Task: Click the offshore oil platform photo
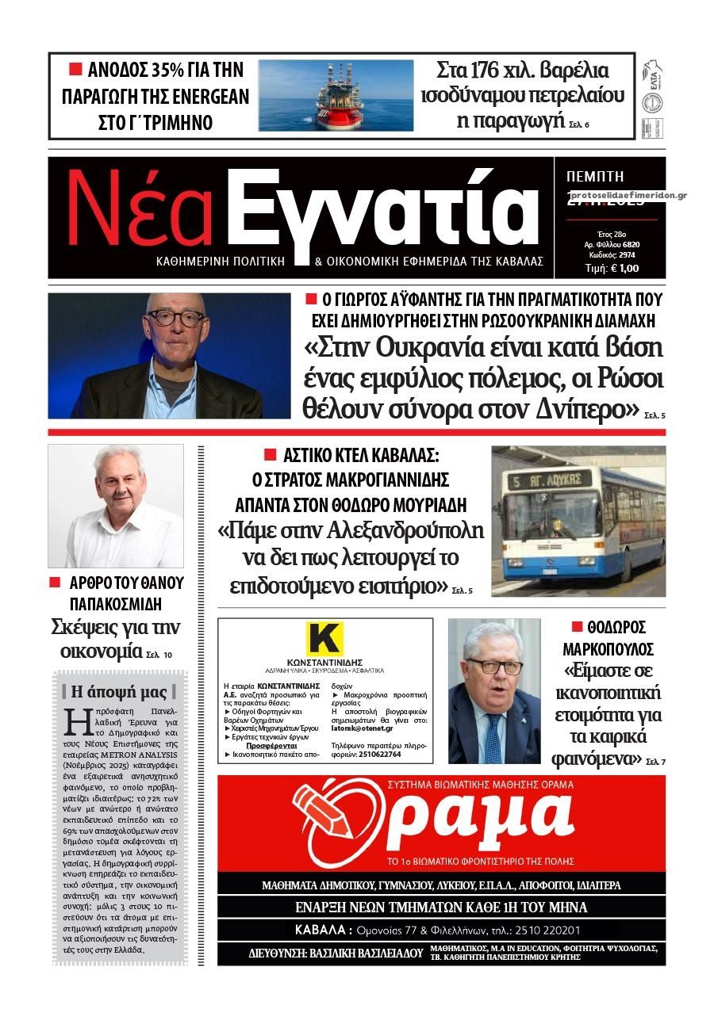pyautogui.click(x=336, y=96)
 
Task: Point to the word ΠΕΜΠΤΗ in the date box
pyautogui.click(x=595, y=177)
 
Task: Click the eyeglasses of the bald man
pyautogui.click(x=174, y=318)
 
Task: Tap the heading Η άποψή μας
pyautogui.click(x=119, y=691)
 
